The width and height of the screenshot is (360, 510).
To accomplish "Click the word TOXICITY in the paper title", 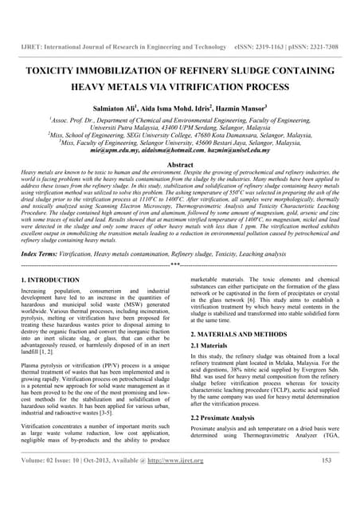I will click(x=57, y=71).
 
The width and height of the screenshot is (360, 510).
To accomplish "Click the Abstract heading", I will click(x=180, y=162).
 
